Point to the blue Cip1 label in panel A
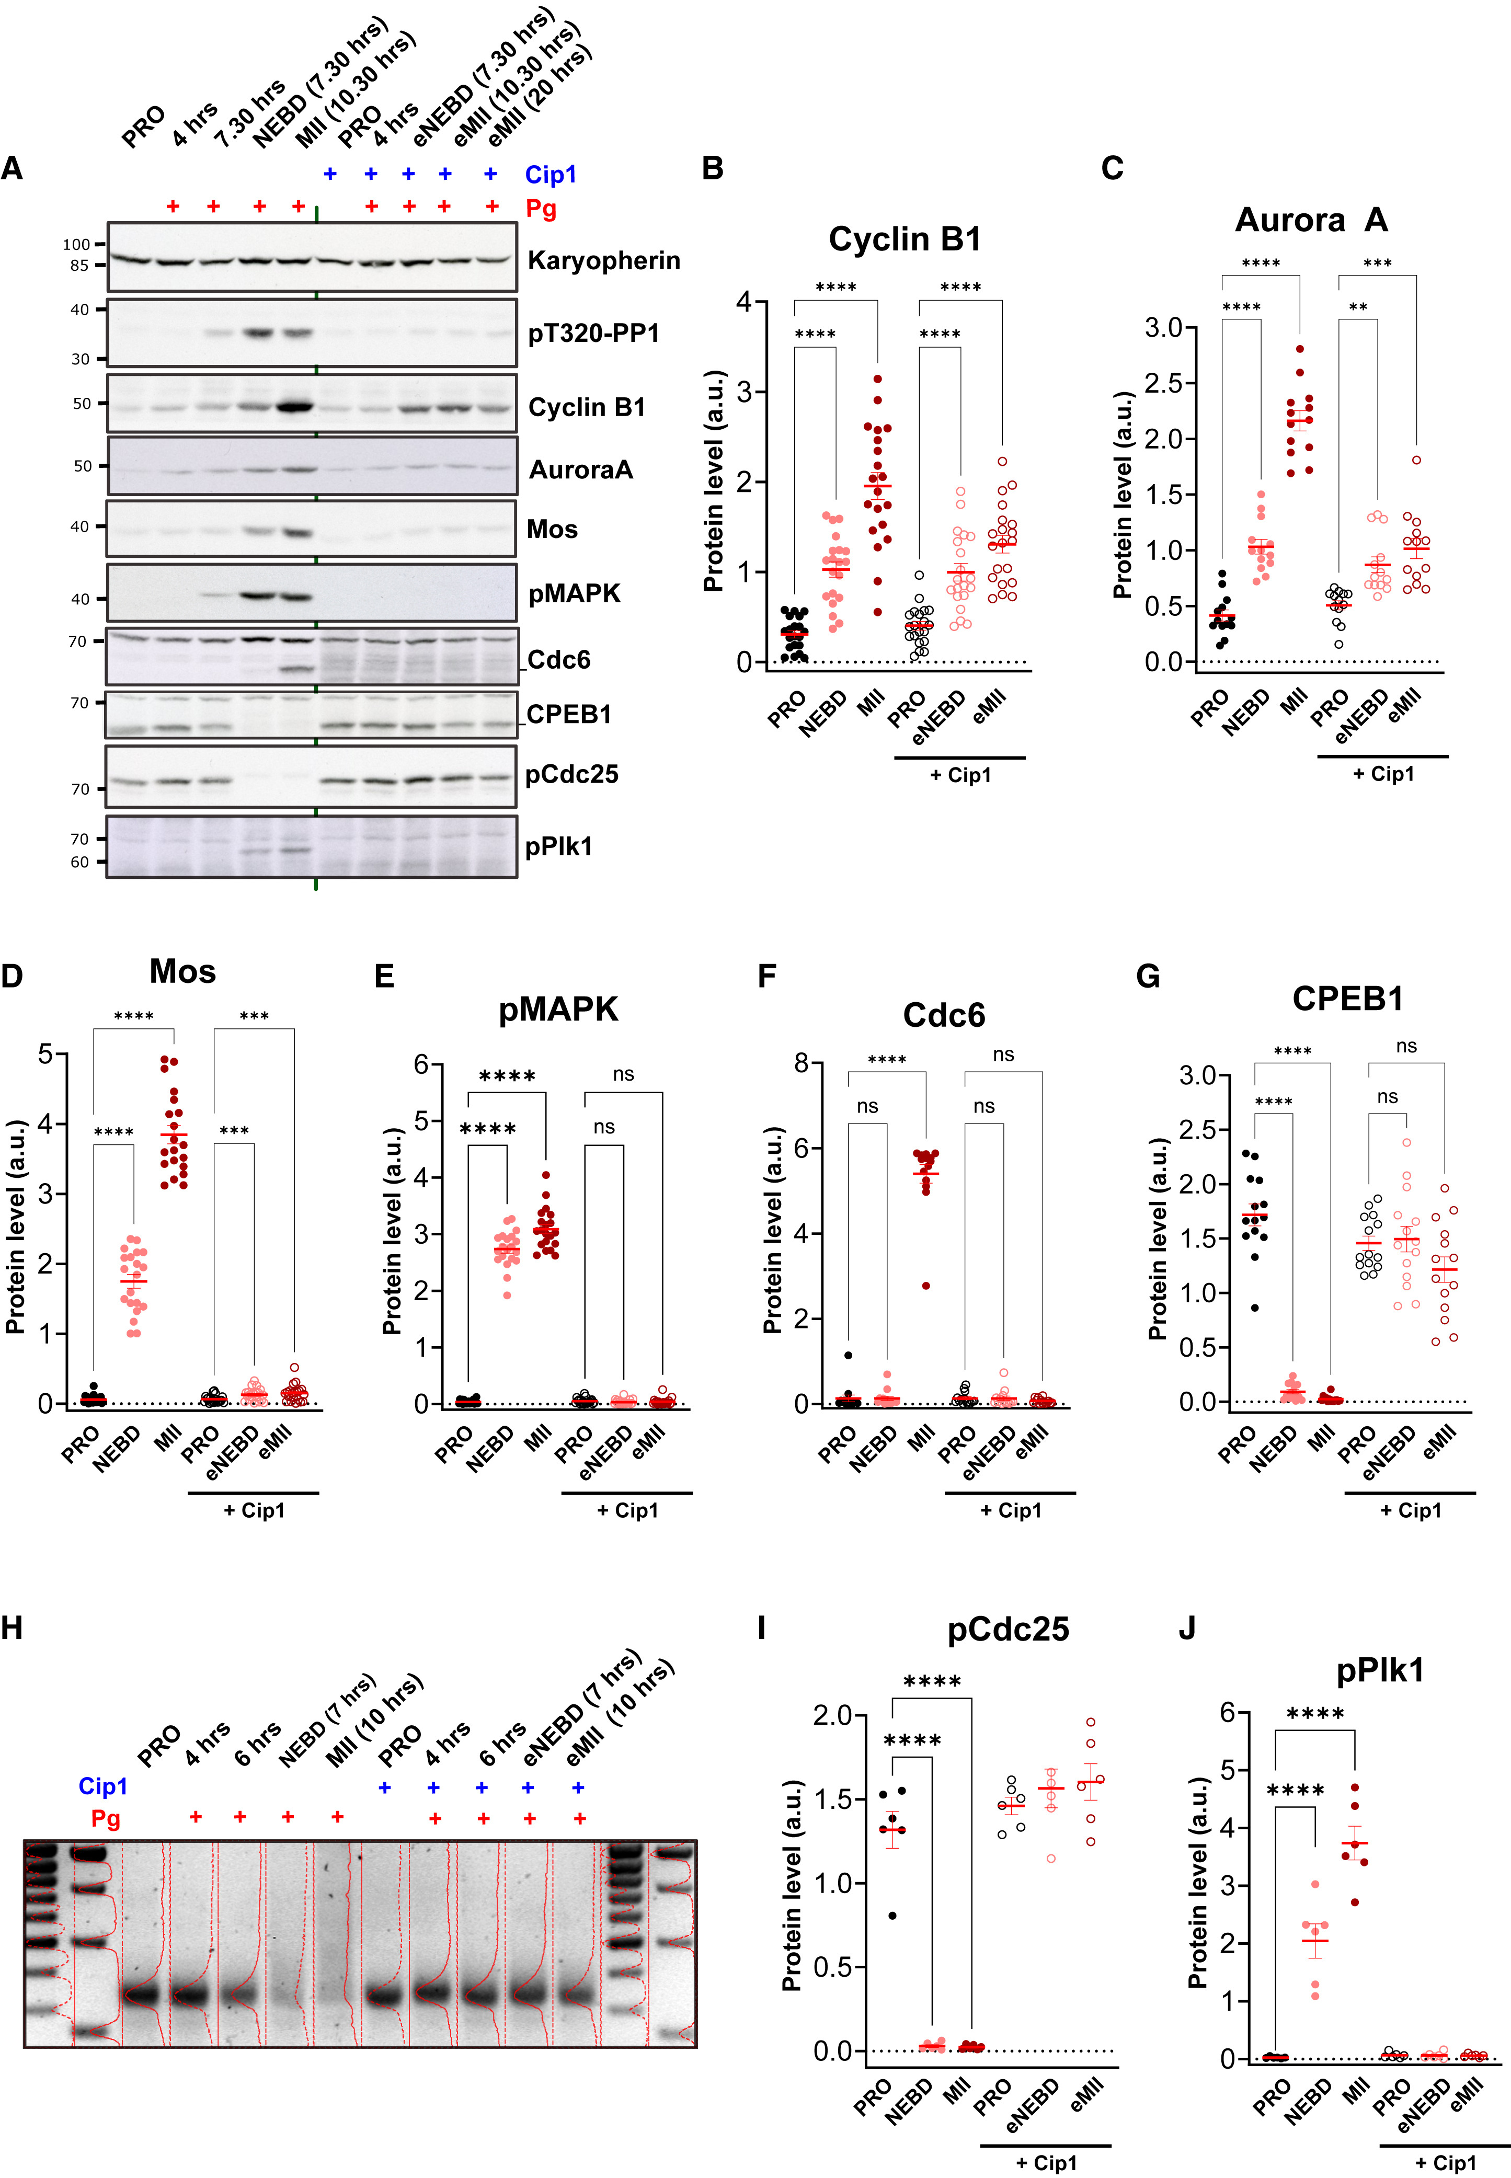click(x=550, y=174)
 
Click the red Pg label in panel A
click(x=541, y=208)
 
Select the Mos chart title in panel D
click(x=182, y=971)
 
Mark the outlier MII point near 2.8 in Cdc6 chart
click(x=926, y=1286)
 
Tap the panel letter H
click(x=13, y=1628)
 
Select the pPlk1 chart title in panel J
click(x=1380, y=1671)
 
